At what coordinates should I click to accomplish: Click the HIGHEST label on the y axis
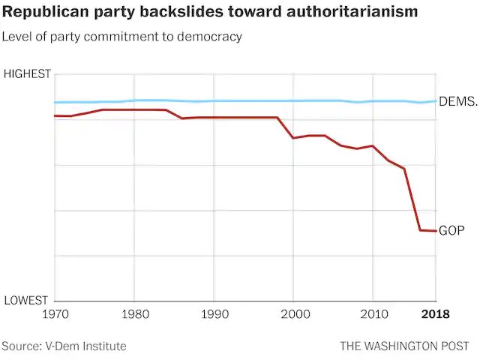point(27,73)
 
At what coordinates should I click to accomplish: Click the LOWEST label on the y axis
point(28,301)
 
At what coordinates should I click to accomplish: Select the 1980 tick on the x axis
point(134,314)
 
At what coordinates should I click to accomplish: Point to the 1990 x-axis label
point(214,314)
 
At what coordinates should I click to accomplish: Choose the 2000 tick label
point(294,314)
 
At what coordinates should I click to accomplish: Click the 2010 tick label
point(373,314)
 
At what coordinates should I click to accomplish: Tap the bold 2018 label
point(435,314)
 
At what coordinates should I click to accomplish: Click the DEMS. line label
point(457,101)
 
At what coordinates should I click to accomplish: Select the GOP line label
point(452,230)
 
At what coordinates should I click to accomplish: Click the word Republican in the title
point(43,13)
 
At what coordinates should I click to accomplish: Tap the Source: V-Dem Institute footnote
point(64,346)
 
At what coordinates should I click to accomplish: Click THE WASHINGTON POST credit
point(404,346)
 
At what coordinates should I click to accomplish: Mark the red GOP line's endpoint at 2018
point(436,230)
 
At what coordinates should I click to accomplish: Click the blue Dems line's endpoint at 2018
point(436,101)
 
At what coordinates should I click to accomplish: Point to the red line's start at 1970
point(55,115)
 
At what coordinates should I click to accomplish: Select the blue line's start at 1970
point(55,102)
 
